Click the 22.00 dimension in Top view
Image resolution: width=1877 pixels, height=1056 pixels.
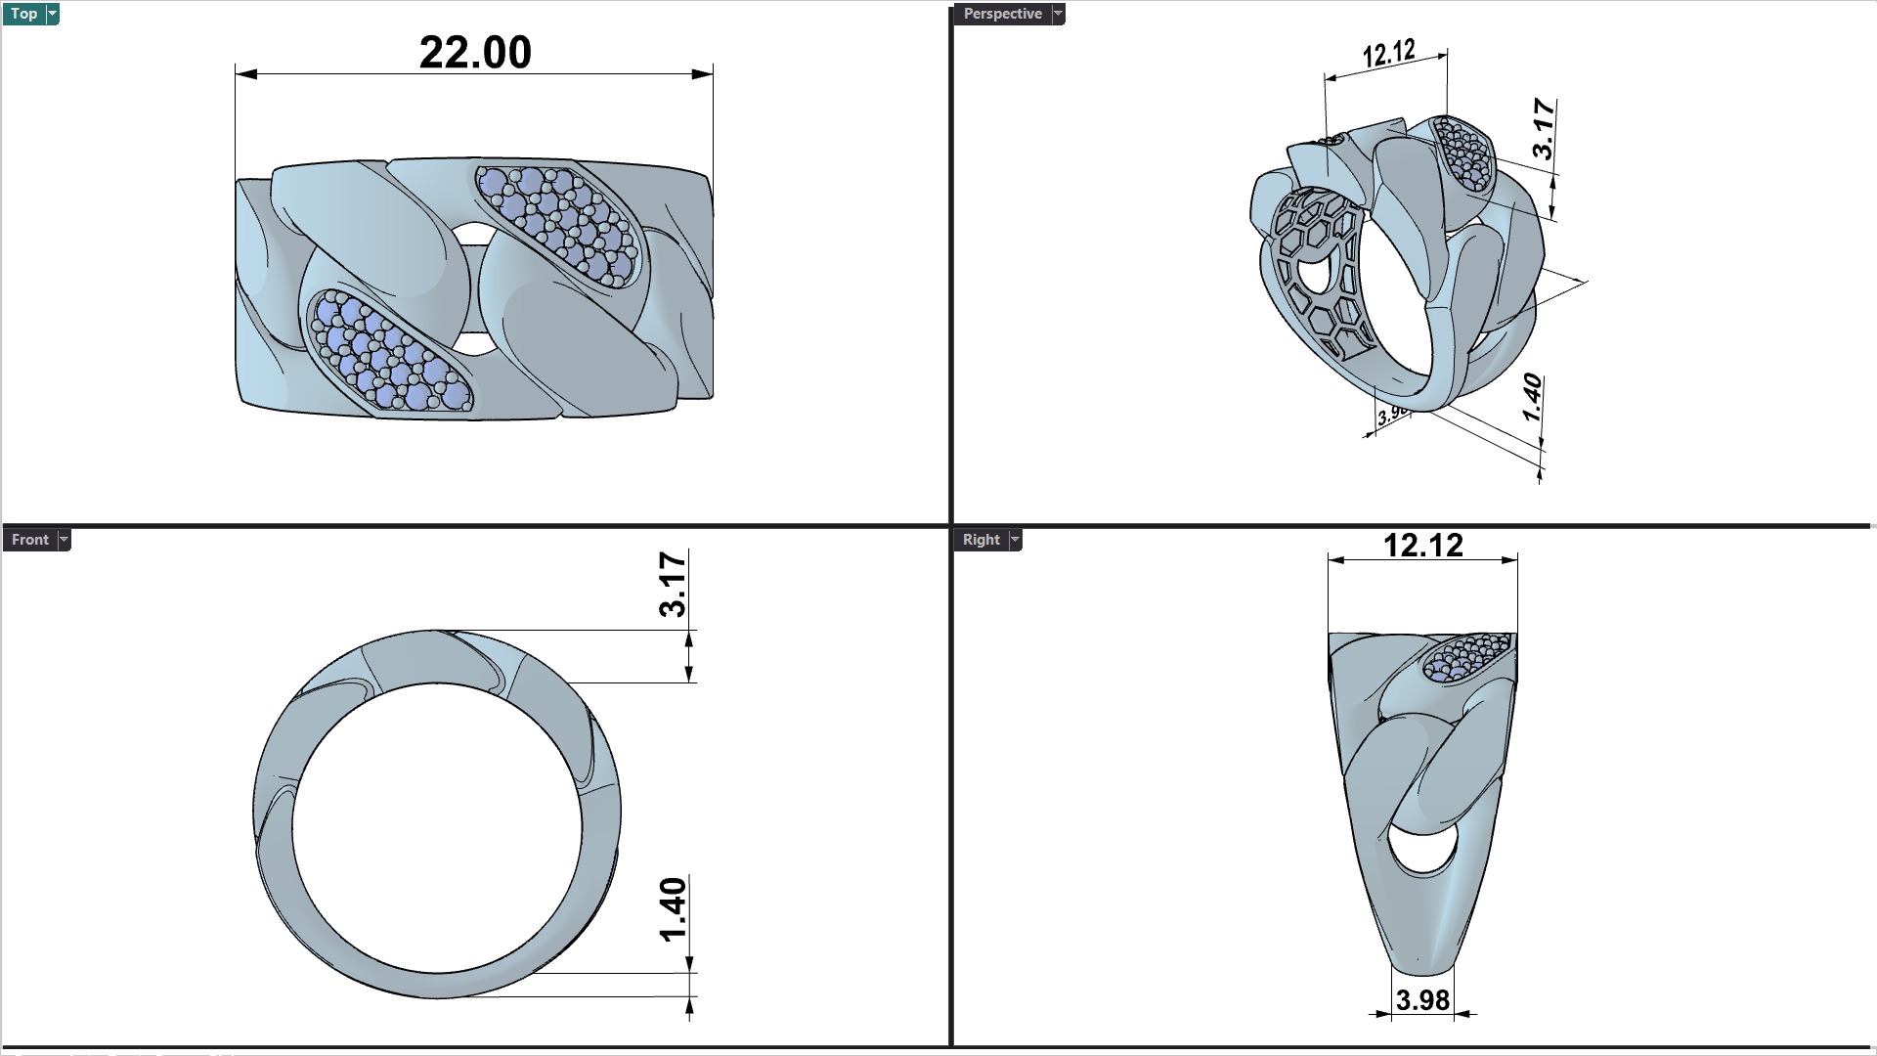[x=475, y=53]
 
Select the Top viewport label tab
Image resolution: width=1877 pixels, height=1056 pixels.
[x=23, y=14]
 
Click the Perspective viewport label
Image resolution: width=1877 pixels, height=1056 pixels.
[x=1002, y=14]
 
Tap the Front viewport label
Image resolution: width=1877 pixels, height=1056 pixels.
[x=29, y=540]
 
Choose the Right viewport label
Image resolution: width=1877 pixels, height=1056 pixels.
[x=981, y=540]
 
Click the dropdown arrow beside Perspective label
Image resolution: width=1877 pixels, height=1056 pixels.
[x=1058, y=14]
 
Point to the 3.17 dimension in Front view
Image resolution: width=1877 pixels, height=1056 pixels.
[x=674, y=584]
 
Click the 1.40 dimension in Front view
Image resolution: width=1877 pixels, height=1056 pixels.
[x=674, y=909]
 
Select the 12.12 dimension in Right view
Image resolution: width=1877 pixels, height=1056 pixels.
[x=1422, y=546]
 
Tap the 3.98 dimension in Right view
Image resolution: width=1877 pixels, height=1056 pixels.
[x=1422, y=1000]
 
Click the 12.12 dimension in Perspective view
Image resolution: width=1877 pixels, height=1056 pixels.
[x=1388, y=53]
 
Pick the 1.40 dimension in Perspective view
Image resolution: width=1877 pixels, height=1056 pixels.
[x=1532, y=397]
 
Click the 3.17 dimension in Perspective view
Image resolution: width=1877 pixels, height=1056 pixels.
[x=1543, y=128]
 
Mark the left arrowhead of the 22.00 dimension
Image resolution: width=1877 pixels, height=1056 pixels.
[x=245, y=73]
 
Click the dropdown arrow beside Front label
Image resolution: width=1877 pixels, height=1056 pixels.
[x=64, y=540]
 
